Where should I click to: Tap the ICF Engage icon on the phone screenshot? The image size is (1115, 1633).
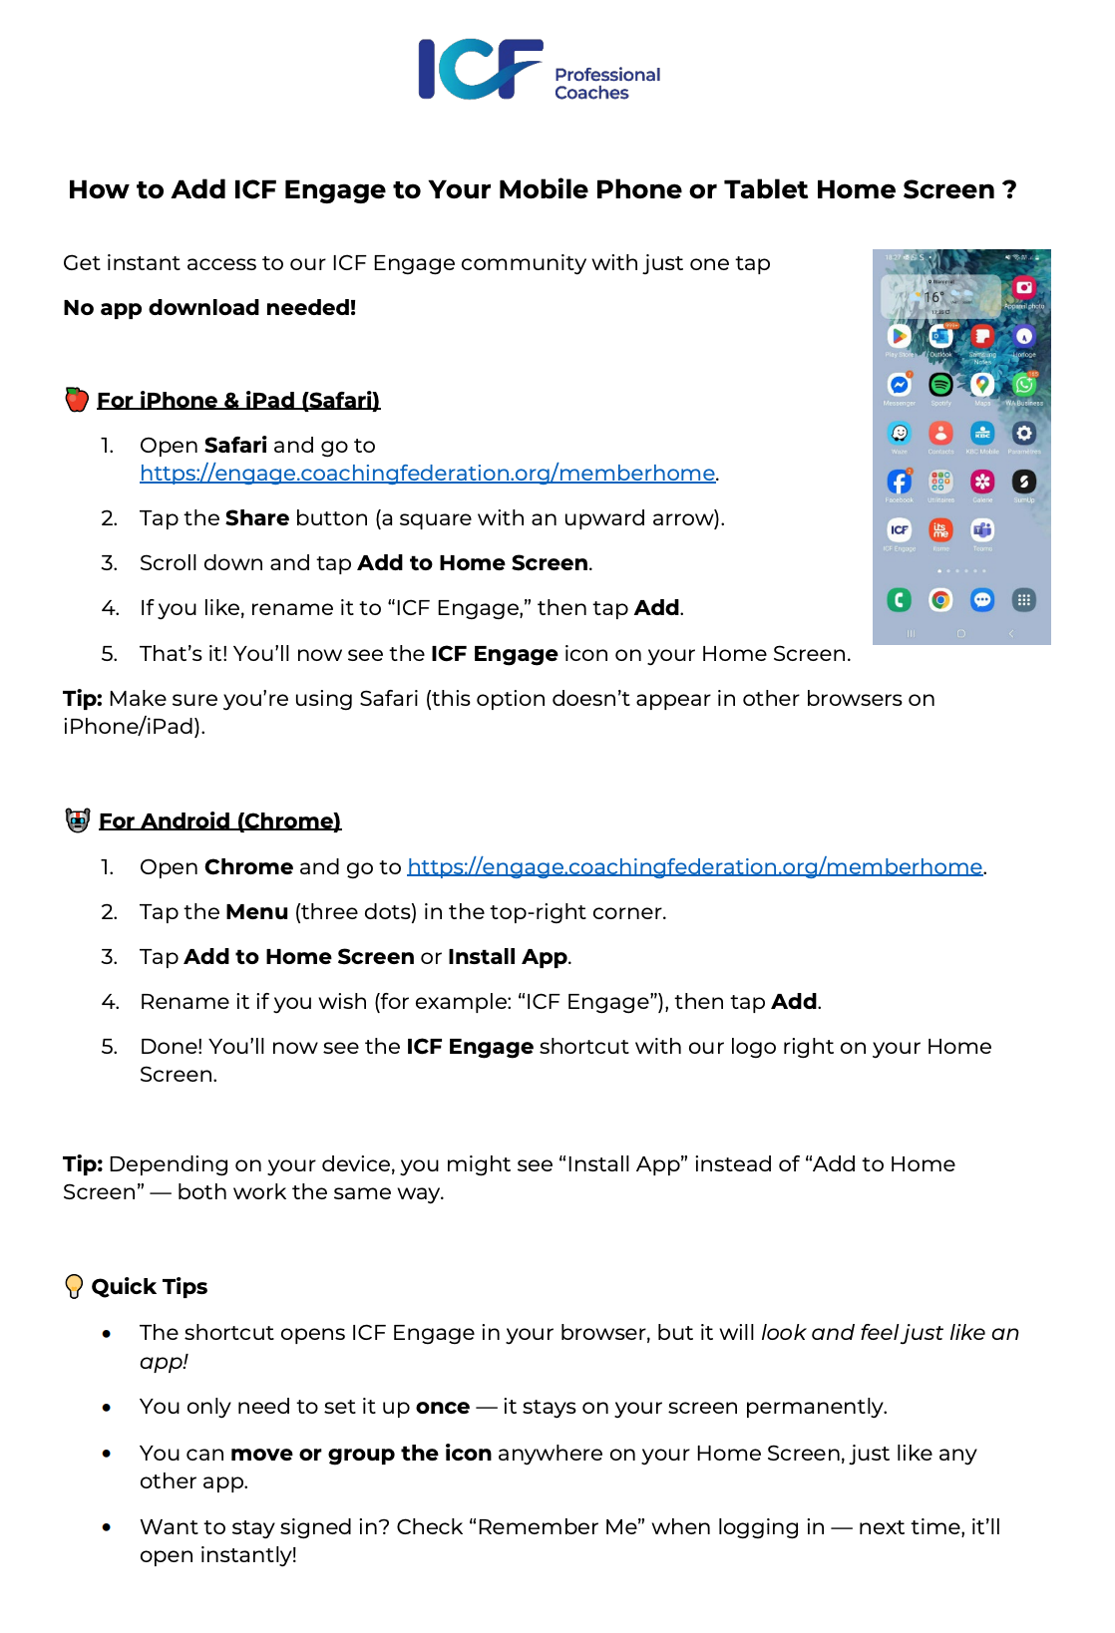[900, 529]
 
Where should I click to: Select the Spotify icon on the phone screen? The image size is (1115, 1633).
[940, 384]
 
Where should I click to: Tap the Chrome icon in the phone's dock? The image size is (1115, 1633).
[940, 599]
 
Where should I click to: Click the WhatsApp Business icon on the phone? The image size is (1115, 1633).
[1024, 384]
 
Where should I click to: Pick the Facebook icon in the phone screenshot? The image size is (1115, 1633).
[900, 482]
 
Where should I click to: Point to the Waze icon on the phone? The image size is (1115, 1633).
[900, 433]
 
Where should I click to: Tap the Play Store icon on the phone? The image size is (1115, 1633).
[900, 336]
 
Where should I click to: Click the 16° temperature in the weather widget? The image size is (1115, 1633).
[933, 297]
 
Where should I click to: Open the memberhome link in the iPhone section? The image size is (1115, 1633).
[427, 474]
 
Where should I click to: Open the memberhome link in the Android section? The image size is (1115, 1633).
[694, 867]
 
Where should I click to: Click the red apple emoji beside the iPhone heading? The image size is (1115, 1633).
[77, 400]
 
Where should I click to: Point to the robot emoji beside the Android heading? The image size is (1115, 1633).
[78, 820]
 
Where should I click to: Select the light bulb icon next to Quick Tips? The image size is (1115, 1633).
[74, 1286]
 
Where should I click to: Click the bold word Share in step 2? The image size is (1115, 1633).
[256, 518]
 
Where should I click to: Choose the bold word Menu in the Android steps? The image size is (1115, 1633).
[256, 912]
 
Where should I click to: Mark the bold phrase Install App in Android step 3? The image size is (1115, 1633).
[507, 957]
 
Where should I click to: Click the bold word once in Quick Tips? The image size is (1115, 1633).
[442, 1407]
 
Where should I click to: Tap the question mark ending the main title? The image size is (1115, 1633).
[1009, 189]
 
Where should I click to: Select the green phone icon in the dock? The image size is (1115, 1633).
[900, 599]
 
